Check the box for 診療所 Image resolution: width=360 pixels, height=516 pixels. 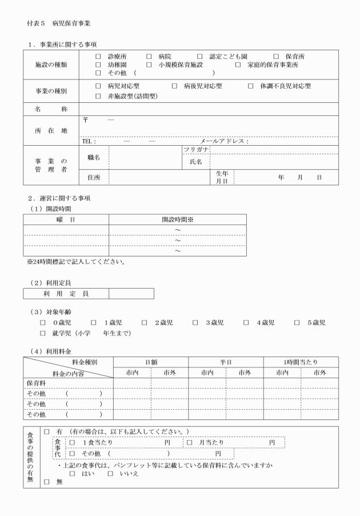click(98, 57)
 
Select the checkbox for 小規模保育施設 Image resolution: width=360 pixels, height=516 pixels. click(149, 65)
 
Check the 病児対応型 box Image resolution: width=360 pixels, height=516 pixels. click(98, 86)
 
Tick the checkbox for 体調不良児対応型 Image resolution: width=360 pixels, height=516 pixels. click(250, 86)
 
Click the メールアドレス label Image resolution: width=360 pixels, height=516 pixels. click(223, 141)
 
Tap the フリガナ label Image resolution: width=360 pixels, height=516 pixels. click(195, 149)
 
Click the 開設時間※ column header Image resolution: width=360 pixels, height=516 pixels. click(177, 219)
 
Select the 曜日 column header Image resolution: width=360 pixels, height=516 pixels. click(66, 219)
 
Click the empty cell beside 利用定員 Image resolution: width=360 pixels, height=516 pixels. click(131, 294)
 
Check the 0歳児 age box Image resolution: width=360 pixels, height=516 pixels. click(43, 323)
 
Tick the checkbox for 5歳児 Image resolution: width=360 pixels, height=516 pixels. click(297, 323)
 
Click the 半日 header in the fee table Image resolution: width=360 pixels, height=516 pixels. click(225, 362)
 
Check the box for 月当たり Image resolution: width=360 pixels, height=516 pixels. click(190, 442)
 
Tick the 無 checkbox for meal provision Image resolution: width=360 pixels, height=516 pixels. click(47, 482)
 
